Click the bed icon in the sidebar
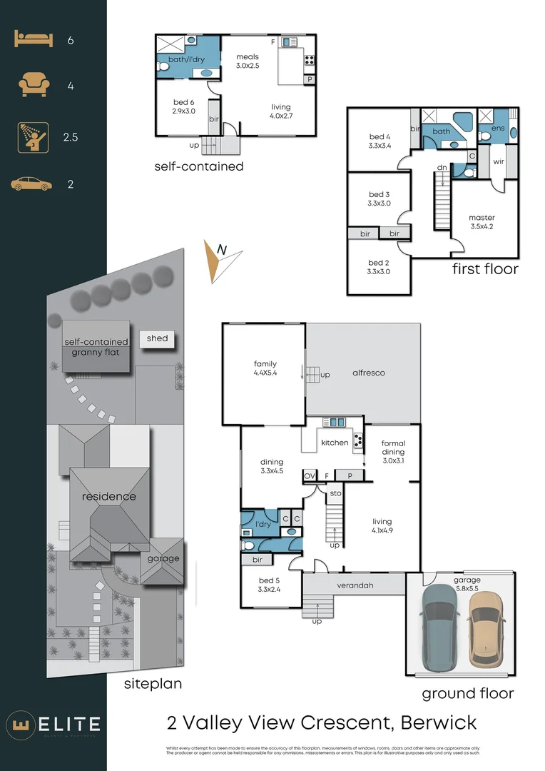tap(34, 40)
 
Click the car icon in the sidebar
tap(32, 184)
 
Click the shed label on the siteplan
tap(158, 338)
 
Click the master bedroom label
tap(482, 222)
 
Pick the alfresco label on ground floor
tap(369, 373)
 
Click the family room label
tap(265, 368)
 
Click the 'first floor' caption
tap(485, 269)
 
